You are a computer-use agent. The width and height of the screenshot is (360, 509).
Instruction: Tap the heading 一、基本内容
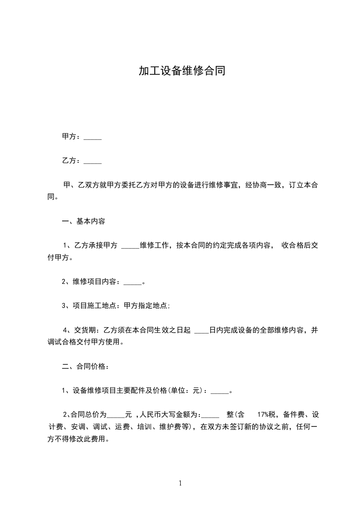coord(84,221)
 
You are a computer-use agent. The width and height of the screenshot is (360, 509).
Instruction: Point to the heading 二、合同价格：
coord(85,367)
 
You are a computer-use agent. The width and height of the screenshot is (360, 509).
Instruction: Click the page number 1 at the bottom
coord(180,483)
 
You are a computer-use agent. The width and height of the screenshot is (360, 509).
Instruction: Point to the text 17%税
coord(266,414)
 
